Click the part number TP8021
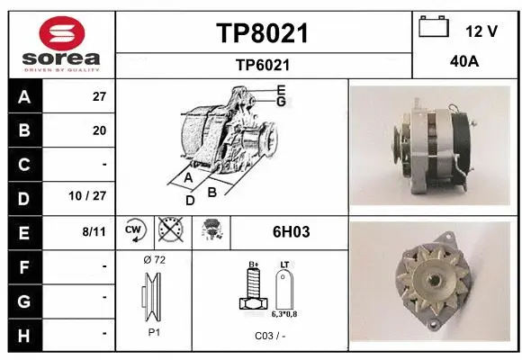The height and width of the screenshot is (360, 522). point(262,34)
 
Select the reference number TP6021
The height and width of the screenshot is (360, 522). point(262,65)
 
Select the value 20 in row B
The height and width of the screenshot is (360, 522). point(99,130)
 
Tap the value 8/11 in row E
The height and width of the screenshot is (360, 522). point(94,231)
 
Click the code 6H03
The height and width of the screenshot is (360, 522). point(291,231)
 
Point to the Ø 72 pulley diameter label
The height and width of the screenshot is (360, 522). point(154,260)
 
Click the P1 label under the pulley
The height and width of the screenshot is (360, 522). point(154,331)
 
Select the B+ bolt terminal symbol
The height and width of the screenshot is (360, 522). point(253,288)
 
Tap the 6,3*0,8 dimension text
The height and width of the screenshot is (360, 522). point(284,314)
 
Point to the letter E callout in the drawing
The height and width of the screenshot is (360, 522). point(281,89)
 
